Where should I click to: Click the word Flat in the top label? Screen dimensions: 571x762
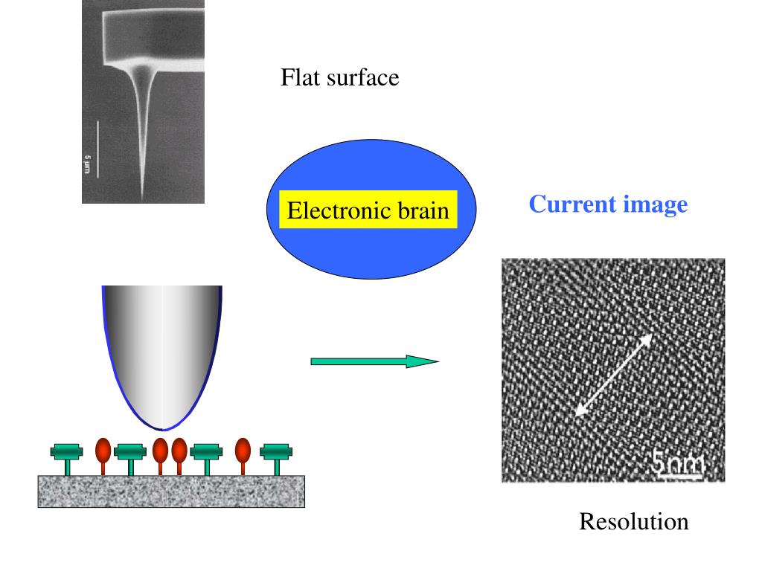coord(298,77)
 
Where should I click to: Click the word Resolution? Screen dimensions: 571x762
coord(634,522)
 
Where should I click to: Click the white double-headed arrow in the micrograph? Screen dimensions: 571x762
coord(615,374)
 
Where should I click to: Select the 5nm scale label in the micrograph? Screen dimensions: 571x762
coord(678,465)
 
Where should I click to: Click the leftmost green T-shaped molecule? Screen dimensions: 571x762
coord(66,454)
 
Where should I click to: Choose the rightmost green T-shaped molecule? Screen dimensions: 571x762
coord(276,454)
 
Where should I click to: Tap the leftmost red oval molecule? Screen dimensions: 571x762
coord(103,451)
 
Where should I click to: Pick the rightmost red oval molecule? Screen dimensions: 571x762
coord(243,451)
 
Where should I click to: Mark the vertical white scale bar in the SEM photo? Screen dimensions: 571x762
coord(98,149)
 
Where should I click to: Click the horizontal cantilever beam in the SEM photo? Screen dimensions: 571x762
coord(153,36)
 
